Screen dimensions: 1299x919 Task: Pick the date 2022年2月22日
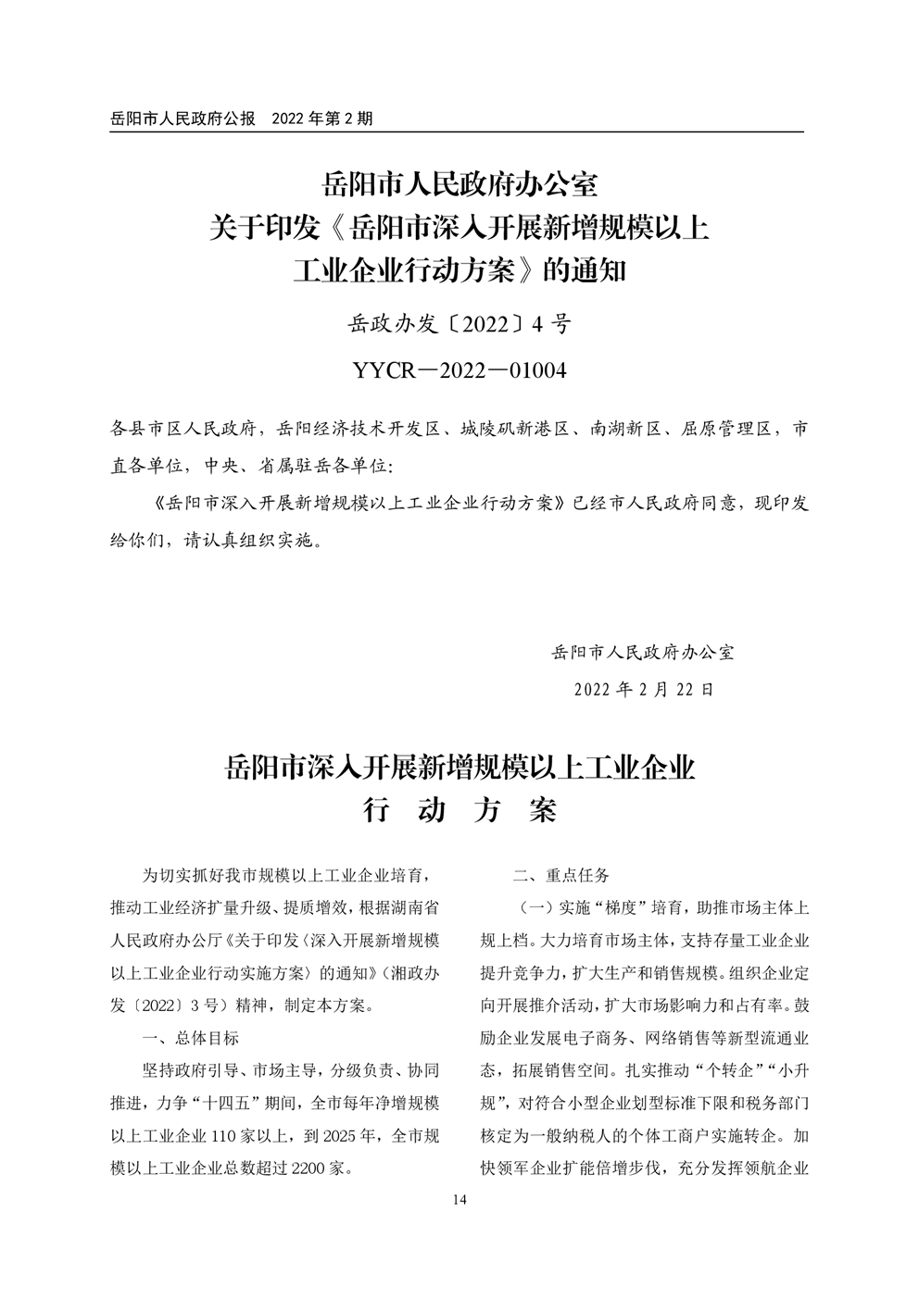[644, 690]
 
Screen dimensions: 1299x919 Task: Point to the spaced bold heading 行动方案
[459, 811]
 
